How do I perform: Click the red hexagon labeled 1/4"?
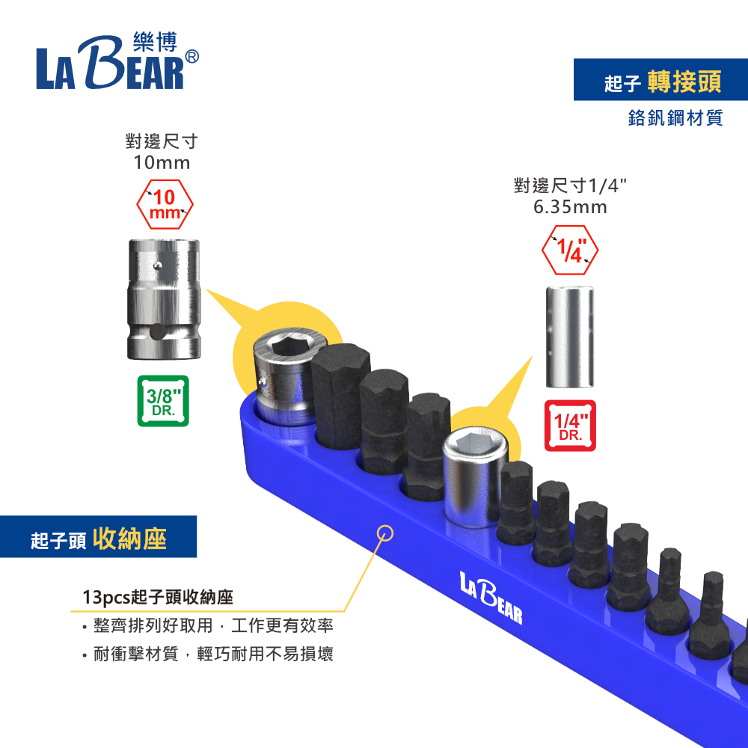pos(570,249)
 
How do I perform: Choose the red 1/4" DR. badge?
pos(570,426)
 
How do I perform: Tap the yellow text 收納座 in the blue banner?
pos(130,539)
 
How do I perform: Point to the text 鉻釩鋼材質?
pos(675,119)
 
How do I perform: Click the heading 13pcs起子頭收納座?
pos(158,598)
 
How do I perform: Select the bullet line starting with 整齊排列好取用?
pos(212,626)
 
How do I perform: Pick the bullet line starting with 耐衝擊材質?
pos(212,654)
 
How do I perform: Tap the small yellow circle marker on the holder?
pos(386,533)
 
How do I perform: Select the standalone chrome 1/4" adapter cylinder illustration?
pos(570,338)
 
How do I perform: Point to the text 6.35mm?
pos(570,206)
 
